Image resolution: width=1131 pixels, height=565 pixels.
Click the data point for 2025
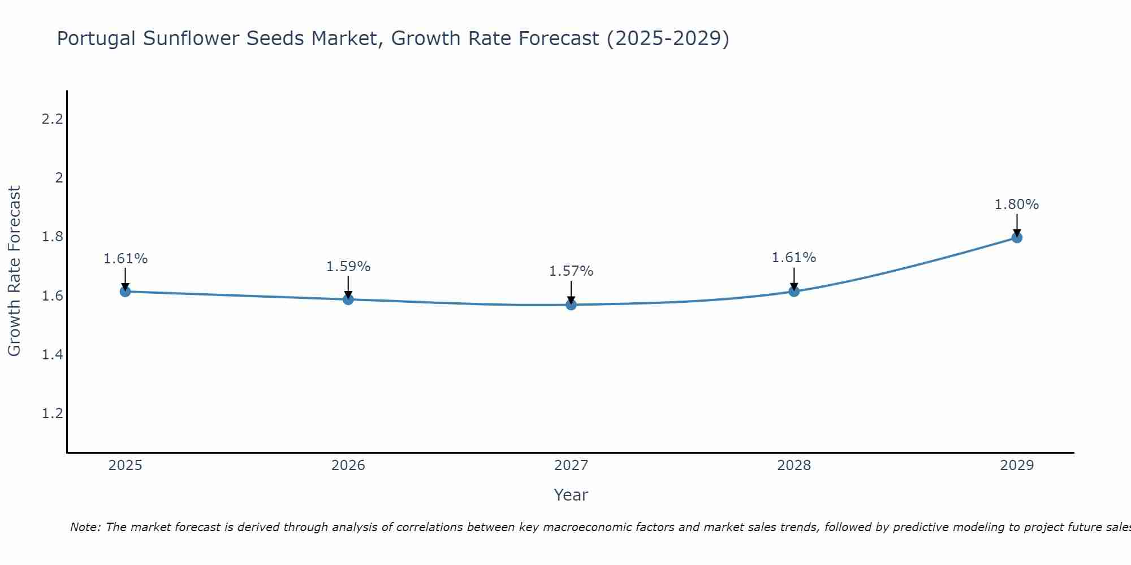pos(125,292)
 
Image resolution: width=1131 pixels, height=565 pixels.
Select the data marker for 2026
pos(348,299)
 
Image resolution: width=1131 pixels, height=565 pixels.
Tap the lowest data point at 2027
pos(571,305)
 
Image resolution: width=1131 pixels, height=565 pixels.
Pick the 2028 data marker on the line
pos(794,292)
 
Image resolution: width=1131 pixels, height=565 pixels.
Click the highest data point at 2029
pos(1017,237)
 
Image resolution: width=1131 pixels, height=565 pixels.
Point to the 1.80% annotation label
pos(1017,205)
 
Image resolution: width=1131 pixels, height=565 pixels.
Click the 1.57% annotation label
pos(571,271)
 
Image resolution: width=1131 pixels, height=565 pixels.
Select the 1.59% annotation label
pos(348,267)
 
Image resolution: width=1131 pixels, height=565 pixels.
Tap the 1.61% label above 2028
pos(794,258)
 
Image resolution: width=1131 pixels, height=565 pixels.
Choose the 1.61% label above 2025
pos(125,259)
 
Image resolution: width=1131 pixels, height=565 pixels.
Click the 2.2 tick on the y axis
pos(52,119)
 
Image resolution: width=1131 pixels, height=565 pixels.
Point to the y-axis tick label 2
pos(58,178)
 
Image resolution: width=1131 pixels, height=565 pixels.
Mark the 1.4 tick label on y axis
pos(52,355)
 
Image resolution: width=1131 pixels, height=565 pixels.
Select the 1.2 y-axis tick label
pos(52,414)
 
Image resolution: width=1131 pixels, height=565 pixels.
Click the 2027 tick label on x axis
pos(571,466)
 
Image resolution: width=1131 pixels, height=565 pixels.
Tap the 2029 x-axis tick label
pos(1017,466)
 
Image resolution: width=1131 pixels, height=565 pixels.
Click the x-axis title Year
pos(571,495)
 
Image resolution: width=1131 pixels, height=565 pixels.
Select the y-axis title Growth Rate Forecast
pos(14,271)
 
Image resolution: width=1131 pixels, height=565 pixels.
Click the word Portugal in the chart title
pos(96,39)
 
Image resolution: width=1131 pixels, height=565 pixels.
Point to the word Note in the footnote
pos(85,527)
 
